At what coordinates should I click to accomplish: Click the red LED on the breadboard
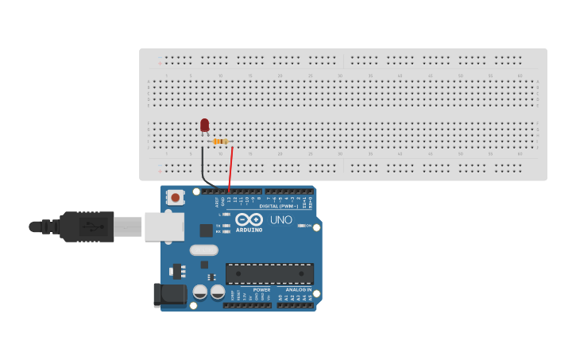tap(204, 125)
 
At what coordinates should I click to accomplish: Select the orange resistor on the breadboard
tap(220, 141)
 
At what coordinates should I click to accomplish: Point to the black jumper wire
tap(203, 169)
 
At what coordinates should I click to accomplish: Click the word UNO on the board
tap(281, 220)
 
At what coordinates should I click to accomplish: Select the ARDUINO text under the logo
tap(249, 230)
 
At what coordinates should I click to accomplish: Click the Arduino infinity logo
tap(249, 219)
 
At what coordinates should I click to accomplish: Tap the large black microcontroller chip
tap(269, 273)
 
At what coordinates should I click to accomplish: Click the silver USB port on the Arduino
tap(164, 226)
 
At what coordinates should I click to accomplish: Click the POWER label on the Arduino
tap(261, 290)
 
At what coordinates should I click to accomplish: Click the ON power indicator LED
tap(301, 226)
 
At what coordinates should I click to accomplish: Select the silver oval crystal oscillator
tap(204, 250)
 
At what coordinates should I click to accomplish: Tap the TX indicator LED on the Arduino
tap(226, 226)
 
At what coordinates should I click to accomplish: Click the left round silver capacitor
tap(200, 292)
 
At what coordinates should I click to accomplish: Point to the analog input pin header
tap(296, 305)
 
